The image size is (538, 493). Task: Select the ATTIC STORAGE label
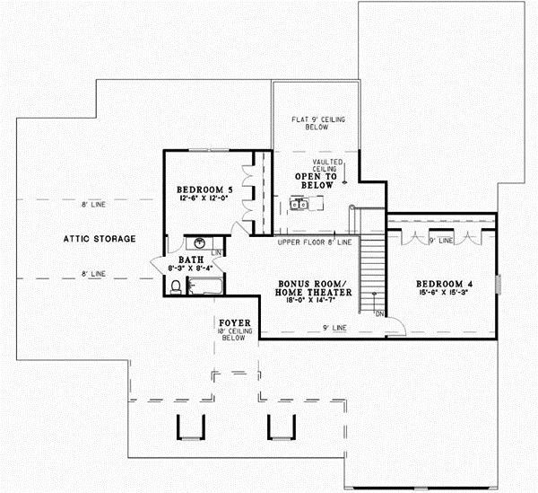[x=99, y=239]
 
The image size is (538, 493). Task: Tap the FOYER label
[x=234, y=322]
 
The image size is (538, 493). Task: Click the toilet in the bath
[x=176, y=286]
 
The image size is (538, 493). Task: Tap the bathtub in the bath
[x=206, y=286]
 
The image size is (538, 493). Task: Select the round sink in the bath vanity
[x=200, y=243]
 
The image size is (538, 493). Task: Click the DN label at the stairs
[x=378, y=313]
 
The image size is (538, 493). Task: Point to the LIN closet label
[x=216, y=254]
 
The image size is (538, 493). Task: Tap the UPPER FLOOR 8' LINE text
[x=314, y=242]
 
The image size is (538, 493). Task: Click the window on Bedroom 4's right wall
[x=500, y=284]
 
